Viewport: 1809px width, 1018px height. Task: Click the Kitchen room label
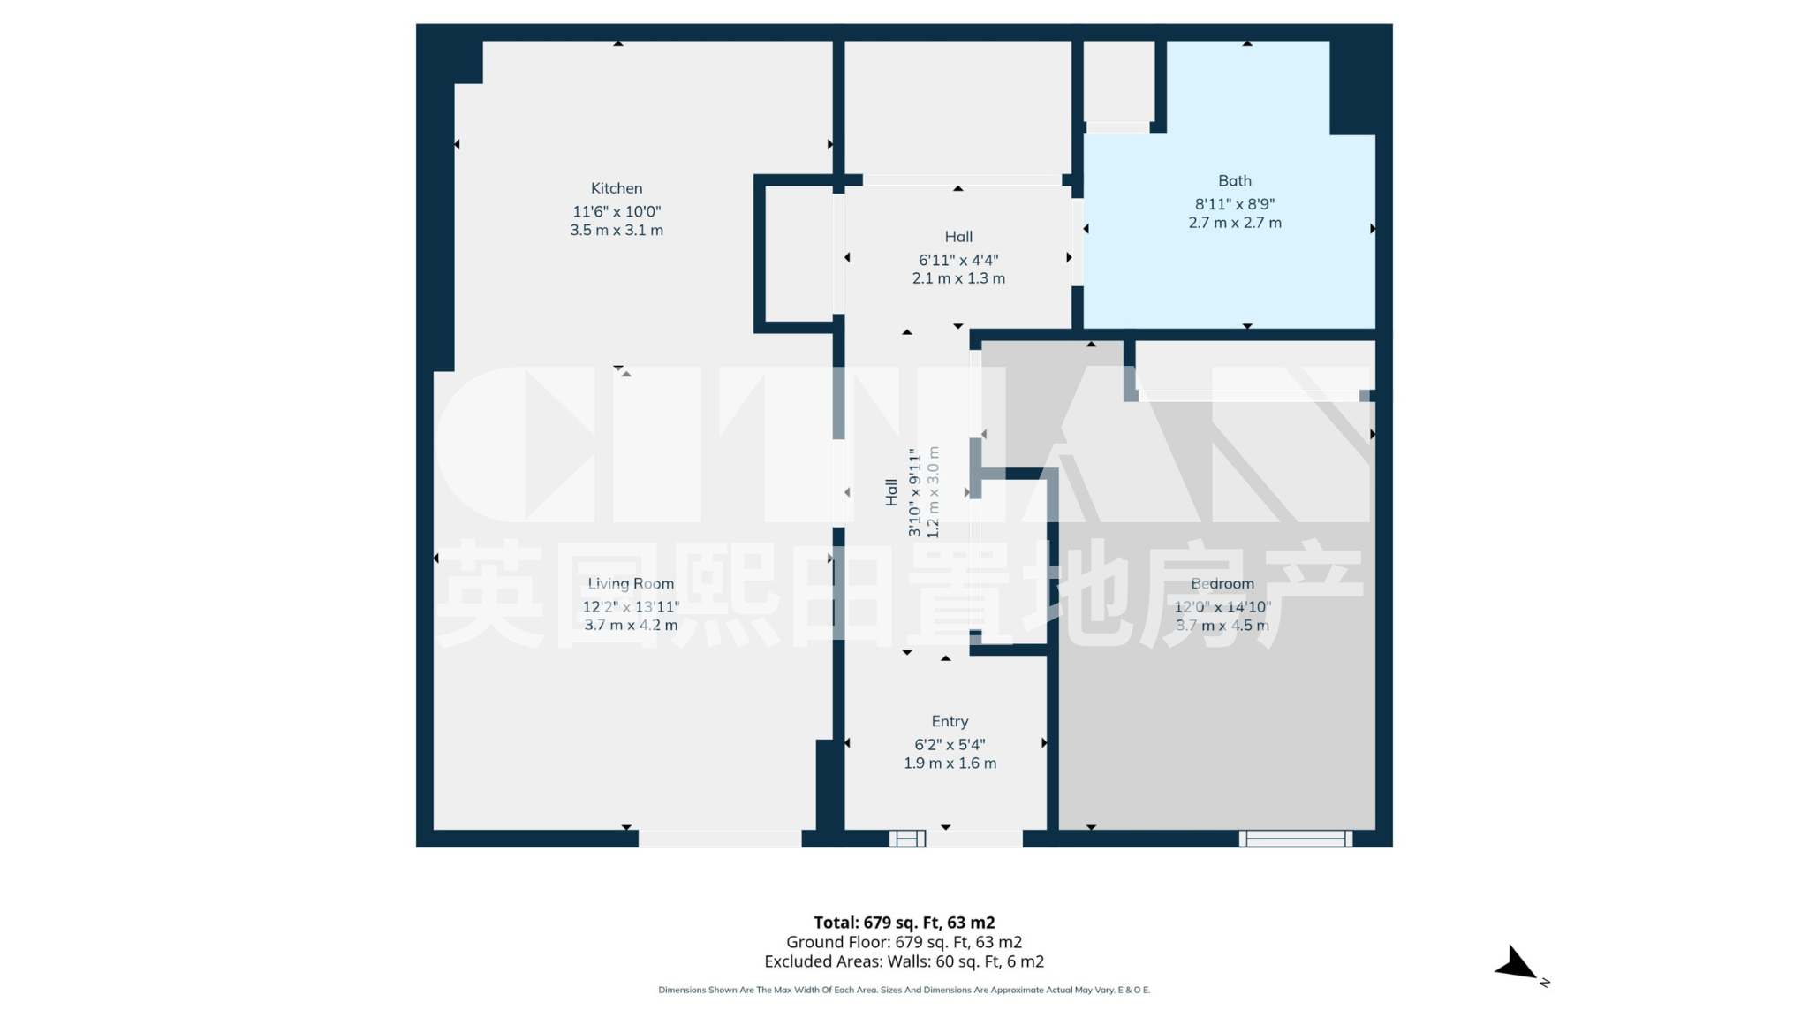(x=617, y=188)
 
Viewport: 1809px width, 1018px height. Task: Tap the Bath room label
(x=1235, y=181)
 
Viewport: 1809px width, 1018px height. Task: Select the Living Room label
(x=631, y=583)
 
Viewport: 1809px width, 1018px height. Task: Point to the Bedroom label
(x=1222, y=583)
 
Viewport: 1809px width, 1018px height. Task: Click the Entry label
(x=950, y=721)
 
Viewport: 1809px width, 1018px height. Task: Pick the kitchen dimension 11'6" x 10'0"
(x=617, y=212)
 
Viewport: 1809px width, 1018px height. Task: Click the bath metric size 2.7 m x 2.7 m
(x=1235, y=223)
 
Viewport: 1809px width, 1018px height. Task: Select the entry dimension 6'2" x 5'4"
(x=950, y=745)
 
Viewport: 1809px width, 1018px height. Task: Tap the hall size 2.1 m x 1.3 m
(x=958, y=278)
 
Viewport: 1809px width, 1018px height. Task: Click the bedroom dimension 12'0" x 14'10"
(x=1222, y=607)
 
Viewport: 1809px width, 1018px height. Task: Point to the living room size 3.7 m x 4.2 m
(x=631, y=625)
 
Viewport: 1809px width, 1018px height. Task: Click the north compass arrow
(x=1518, y=964)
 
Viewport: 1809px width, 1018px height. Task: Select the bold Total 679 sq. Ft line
(x=904, y=923)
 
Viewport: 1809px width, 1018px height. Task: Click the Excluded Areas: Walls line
(x=904, y=961)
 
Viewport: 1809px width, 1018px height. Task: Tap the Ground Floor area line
(x=904, y=942)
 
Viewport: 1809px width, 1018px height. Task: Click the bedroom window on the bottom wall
(x=1296, y=839)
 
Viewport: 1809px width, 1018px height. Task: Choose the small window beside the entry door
(x=907, y=839)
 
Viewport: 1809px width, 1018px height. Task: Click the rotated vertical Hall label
(x=891, y=492)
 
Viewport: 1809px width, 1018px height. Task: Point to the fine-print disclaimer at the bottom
(x=904, y=990)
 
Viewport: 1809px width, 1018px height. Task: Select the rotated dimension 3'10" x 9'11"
(x=914, y=492)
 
